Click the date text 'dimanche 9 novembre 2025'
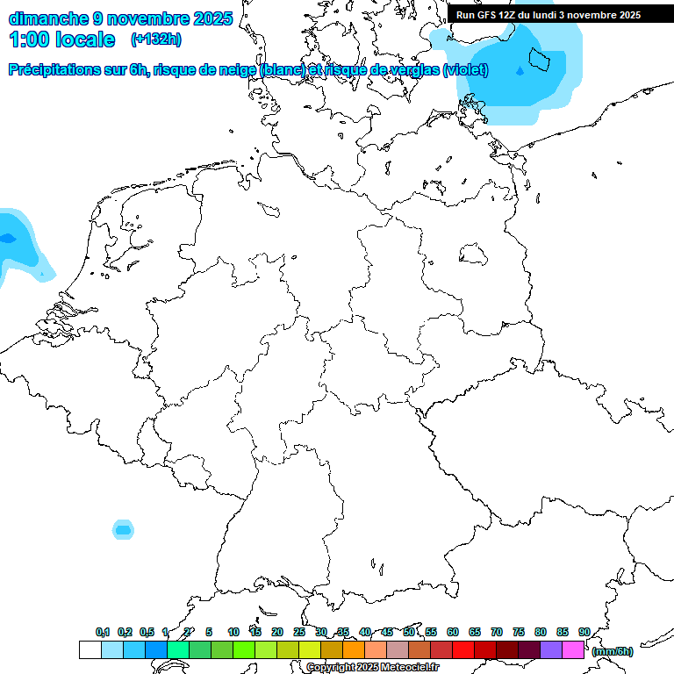120,18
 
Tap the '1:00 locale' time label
61,39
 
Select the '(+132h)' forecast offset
156,39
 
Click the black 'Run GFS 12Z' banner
549,15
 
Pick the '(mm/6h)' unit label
612,651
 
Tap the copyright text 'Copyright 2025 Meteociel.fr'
372,668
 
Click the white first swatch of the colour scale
90,650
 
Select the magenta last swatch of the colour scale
573,650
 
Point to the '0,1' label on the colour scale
103,633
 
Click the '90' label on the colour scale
584,632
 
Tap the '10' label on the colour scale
233,632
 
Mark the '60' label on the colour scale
453,632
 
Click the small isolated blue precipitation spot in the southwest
124,529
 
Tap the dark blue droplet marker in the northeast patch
520,70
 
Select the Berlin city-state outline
475,255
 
